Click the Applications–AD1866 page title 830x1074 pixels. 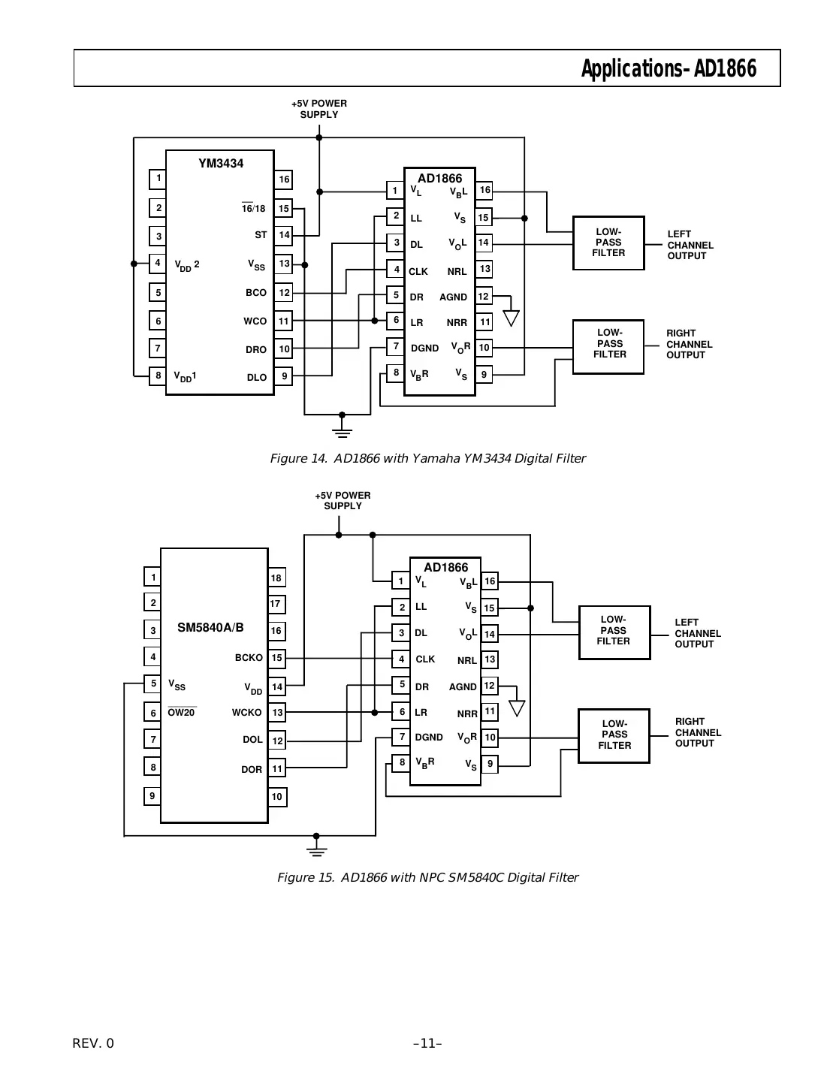pos(668,69)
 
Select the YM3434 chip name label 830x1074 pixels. pos(221,164)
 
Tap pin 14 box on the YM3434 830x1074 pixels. pos(284,235)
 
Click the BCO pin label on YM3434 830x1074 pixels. pos(255,293)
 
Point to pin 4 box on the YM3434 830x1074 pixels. pos(158,264)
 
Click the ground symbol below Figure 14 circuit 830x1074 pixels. pos(343,430)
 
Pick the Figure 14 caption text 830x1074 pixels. pos(427,458)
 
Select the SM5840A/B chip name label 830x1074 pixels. pos(210,628)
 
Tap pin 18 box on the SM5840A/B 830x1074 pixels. pos(276,578)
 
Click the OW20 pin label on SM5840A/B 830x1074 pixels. pos(181,713)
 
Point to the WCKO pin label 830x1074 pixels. pos(246,713)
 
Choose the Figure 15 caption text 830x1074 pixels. pos(427,877)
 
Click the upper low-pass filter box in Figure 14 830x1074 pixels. pos(608,243)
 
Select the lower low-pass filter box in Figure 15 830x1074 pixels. pos(614,735)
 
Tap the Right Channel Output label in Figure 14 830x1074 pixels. pos(689,344)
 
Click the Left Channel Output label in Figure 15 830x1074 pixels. pos(697,633)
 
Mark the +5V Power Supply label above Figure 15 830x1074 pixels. pos(343,501)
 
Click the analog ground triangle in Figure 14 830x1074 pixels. pos(511,318)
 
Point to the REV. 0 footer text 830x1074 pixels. pos(93,1043)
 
